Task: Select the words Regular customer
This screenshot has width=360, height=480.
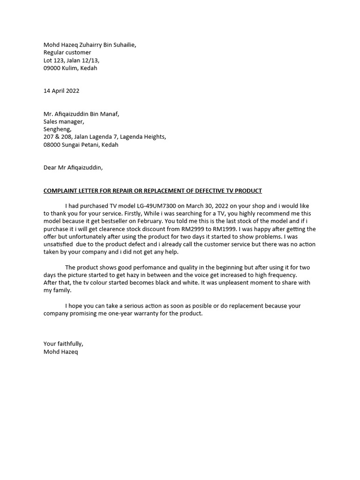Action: pyautogui.click(x=67, y=52)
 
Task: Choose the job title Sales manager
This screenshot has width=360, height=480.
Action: pyautogui.click(x=64, y=122)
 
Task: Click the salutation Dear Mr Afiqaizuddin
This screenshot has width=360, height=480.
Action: pyautogui.click(x=73, y=167)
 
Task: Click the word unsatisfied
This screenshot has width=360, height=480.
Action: pyautogui.click(x=58, y=245)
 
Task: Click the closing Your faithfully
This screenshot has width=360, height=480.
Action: pyautogui.click(x=63, y=344)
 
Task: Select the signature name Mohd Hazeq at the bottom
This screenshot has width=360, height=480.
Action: pyautogui.click(x=61, y=352)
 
